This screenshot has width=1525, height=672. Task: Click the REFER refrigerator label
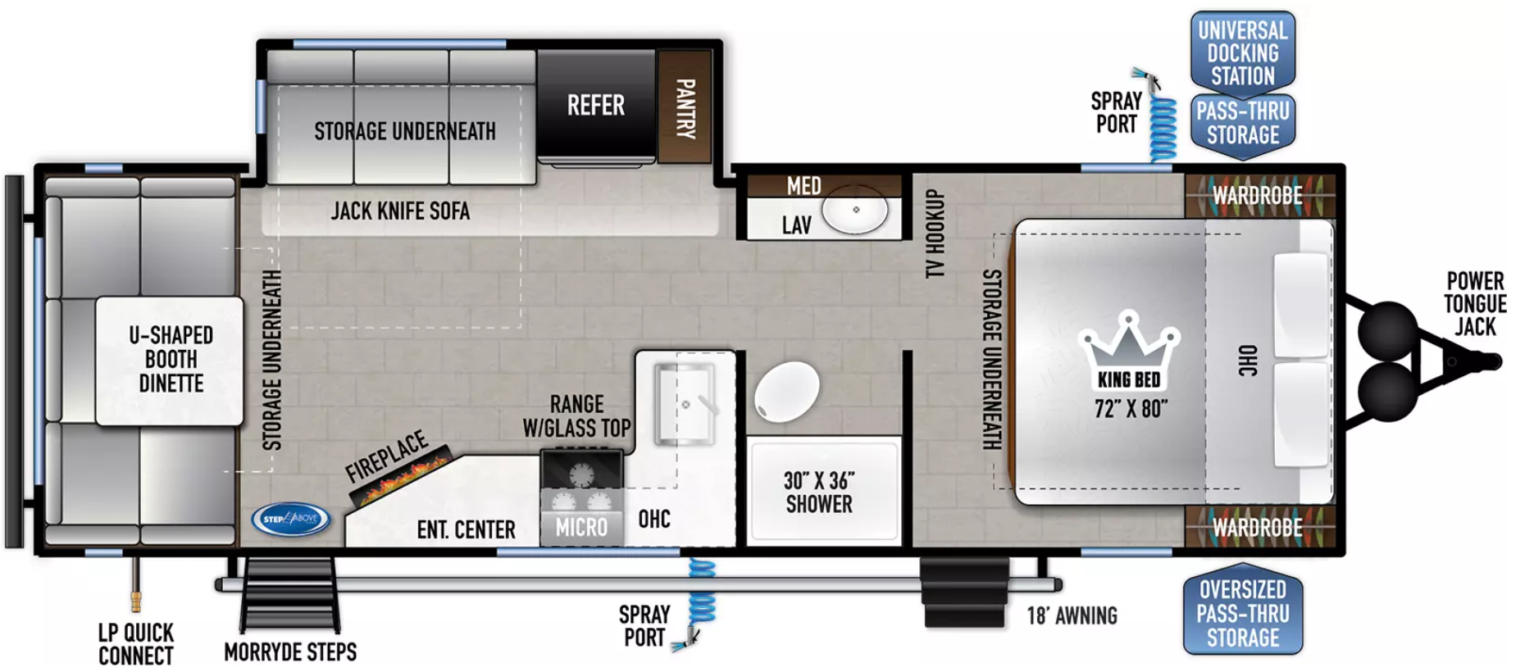[x=596, y=105]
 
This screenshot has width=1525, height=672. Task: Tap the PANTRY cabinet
[x=685, y=107]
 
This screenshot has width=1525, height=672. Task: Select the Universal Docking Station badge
[x=1243, y=52]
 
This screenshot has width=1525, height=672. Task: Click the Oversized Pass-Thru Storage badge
[x=1243, y=612]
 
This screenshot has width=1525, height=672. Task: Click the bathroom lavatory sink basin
[x=855, y=211]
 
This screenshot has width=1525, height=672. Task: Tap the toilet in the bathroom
[x=786, y=392]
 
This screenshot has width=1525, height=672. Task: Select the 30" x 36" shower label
[x=819, y=492]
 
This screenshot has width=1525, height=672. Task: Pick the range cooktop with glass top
[x=581, y=469]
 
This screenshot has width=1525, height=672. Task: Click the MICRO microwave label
[x=582, y=527]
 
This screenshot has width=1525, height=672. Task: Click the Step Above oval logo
[x=291, y=519]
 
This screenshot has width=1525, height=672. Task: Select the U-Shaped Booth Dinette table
[x=170, y=361]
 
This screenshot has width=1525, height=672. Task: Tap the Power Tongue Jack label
[x=1475, y=304]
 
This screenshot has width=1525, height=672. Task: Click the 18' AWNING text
[x=1072, y=615]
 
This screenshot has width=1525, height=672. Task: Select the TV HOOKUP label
[x=933, y=234]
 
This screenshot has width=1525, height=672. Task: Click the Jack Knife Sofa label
[x=400, y=211]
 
